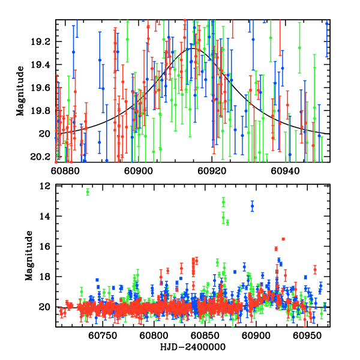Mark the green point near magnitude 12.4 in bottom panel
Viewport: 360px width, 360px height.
[88, 192]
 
